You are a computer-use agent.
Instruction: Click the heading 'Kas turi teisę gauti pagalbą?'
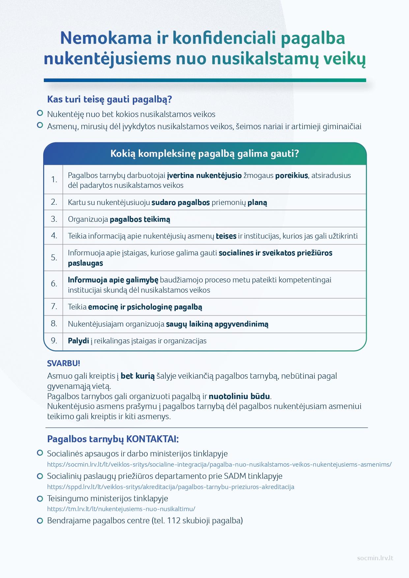tap(109, 99)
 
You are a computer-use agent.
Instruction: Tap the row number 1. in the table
tap(54, 180)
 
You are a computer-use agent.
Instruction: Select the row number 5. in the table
tap(54, 258)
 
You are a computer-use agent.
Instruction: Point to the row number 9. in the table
tap(54, 340)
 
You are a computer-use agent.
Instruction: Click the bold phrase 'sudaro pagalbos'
tap(180, 202)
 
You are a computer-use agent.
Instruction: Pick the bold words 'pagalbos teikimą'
tap(140, 219)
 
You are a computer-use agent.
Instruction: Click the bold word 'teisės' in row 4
tap(226, 236)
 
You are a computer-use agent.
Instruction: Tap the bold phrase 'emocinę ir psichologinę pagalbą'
tap(145, 307)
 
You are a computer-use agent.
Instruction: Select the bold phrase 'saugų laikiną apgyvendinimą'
tap(217, 324)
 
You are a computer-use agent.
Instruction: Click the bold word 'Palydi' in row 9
tap(78, 341)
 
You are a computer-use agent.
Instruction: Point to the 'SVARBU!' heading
tap(64, 363)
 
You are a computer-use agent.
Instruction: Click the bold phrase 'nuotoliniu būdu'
tap(239, 396)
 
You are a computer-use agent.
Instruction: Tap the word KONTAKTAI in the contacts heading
tap(153, 439)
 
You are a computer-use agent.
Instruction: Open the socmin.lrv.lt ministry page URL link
tap(219, 465)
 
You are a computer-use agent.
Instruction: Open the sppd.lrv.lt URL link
tap(170, 487)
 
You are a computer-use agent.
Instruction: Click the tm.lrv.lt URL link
tap(121, 509)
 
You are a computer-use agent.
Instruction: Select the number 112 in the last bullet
tap(174, 521)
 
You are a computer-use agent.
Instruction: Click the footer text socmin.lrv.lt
tap(375, 558)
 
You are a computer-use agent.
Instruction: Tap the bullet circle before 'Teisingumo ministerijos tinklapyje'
tap(40, 498)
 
